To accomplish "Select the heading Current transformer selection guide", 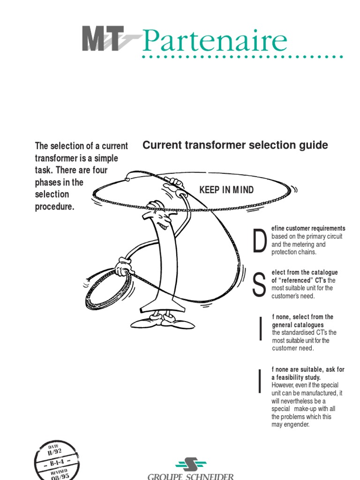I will click(235, 145).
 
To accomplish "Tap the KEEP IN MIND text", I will click(226, 190).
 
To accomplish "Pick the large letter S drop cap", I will click(258, 285).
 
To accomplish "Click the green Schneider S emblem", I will click(191, 465).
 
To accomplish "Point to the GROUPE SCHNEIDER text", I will click(190, 477).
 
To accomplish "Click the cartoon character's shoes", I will click(162, 322).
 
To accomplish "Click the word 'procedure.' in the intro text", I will click(55, 207).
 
